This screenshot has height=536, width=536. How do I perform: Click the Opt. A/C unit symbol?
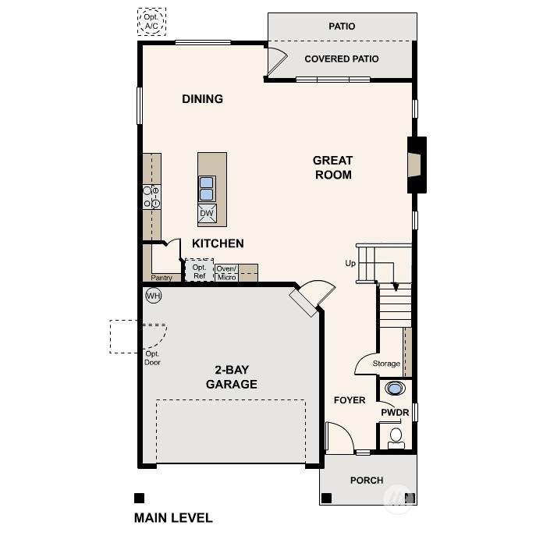[152, 22]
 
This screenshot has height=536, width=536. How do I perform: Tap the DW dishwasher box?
[207, 213]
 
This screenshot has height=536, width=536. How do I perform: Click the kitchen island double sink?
[207, 189]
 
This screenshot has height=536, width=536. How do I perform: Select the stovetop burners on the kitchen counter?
[151, 197]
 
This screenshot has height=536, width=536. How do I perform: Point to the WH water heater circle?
[154, 296]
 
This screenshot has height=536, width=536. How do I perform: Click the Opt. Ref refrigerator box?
[199, 271]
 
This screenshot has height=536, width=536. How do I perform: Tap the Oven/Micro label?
[226, 273]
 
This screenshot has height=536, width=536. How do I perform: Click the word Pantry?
[162, 278]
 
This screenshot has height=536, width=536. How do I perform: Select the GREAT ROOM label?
[333, 168]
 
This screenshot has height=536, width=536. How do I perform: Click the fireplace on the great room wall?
[417, 165]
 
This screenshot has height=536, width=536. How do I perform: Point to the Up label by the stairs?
[350, 263]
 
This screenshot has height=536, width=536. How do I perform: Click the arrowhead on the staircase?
[396, 287]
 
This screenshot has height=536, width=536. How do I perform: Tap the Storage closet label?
[386, 364]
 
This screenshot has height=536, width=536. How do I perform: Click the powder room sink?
[395, 389]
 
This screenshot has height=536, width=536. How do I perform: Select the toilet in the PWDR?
[396, 438]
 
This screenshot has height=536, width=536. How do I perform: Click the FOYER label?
[350, 400]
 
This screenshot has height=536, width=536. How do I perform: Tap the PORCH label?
[367, 481]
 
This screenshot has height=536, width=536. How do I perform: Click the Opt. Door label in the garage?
[152, 358]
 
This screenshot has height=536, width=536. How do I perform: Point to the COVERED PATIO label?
[342, 59]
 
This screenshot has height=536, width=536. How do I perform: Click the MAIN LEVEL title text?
[173, 518]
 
